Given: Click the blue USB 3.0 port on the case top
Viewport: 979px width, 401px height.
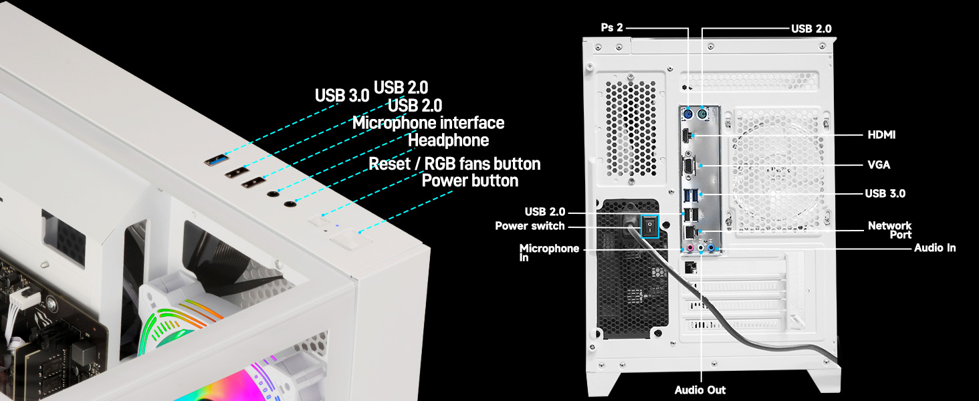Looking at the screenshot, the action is pos(215,160).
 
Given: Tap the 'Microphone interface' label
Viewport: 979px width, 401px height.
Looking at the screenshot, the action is pos(428,123).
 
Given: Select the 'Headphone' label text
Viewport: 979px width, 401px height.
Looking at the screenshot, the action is pos(448,140).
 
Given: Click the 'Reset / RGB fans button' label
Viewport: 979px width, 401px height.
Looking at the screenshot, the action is pos(455,164).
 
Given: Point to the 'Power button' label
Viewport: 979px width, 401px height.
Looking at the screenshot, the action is pos(469,181).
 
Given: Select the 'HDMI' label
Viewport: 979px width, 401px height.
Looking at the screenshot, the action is pos(881,135).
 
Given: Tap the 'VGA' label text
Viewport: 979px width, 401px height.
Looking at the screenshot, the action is pos(879,164).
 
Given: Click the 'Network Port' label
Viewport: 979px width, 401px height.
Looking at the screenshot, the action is pos(889,230).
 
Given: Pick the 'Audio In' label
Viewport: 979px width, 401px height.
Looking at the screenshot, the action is pos(934,248).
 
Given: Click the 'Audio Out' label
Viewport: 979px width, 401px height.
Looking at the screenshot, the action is pos(699,390).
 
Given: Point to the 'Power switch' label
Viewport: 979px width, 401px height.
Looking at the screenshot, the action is pos(530,226).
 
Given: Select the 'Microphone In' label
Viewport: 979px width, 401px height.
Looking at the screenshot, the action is pos(549,252).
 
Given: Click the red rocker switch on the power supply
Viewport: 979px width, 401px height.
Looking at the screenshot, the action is pos(648,227).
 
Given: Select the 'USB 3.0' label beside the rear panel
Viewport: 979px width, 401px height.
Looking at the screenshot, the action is pos(885,194).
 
